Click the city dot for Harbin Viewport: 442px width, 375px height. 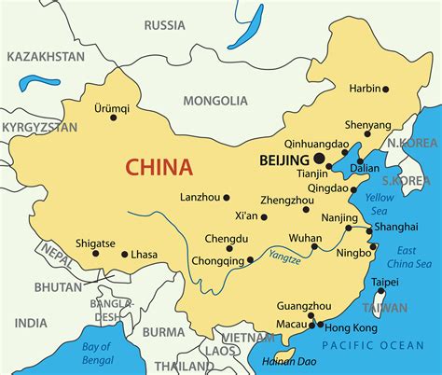[385, 90]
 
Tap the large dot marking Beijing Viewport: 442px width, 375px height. [319, 160]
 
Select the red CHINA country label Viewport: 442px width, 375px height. [159, 168]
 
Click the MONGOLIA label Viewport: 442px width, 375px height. [215, 100]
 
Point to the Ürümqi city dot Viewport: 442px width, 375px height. [114, 118]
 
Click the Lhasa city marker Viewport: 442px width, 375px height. [124, 254]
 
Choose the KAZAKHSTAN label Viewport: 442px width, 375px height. [44, 57]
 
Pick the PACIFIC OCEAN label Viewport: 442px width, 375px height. [379, 347]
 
